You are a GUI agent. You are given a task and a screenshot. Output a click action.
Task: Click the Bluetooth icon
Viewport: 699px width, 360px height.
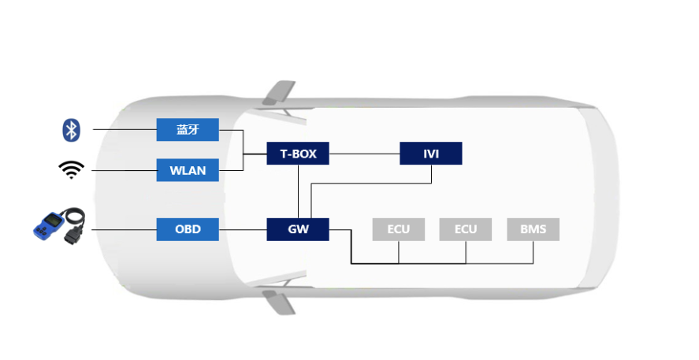(x=72, y=130)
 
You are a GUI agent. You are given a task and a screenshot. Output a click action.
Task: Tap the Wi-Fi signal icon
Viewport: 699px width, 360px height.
(x=71, y=169)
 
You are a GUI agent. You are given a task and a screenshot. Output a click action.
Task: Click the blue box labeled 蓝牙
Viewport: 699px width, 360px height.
(x=187, y=130)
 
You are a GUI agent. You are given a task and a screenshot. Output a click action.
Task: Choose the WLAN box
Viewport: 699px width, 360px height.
(x=187, y=170)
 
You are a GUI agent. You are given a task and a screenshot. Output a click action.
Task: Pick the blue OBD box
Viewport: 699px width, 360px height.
(x=187, y=229)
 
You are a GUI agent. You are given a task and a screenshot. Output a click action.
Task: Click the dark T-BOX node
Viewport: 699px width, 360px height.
(x=298, y=153)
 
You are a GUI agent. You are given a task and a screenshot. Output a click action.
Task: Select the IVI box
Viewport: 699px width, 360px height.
(x=430, y=153)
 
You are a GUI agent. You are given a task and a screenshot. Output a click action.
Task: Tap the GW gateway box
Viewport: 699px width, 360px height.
(x=298, y=229)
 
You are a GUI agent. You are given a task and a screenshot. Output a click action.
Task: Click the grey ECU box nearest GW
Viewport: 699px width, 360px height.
(x=398, y=229)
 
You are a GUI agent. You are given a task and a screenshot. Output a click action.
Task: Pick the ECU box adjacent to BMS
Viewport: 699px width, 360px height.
(x=465, y=229)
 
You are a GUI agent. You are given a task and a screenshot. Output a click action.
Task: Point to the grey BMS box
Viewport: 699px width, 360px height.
(x=533, y=229)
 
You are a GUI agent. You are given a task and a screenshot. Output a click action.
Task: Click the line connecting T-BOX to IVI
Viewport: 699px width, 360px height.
(x=364, y=153)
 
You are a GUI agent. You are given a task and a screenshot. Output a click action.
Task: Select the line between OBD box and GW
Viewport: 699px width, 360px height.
(x=242, y=229)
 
